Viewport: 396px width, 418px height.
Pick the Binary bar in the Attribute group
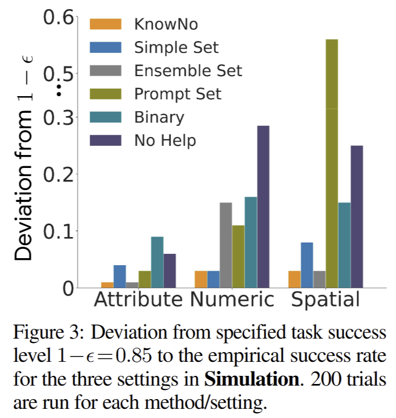[157, 262]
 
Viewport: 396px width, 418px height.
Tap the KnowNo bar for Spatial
[295, 279]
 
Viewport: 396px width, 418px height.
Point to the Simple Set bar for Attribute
[120, 276]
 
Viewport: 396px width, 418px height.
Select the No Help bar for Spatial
[357, 216]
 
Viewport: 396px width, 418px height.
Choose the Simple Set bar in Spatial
[306, 265]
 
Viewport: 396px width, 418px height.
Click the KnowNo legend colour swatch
[106, 24]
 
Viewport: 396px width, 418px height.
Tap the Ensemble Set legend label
[188, 70]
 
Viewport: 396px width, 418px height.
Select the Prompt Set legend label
[177, 93]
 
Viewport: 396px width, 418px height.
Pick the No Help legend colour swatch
[106, 140]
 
